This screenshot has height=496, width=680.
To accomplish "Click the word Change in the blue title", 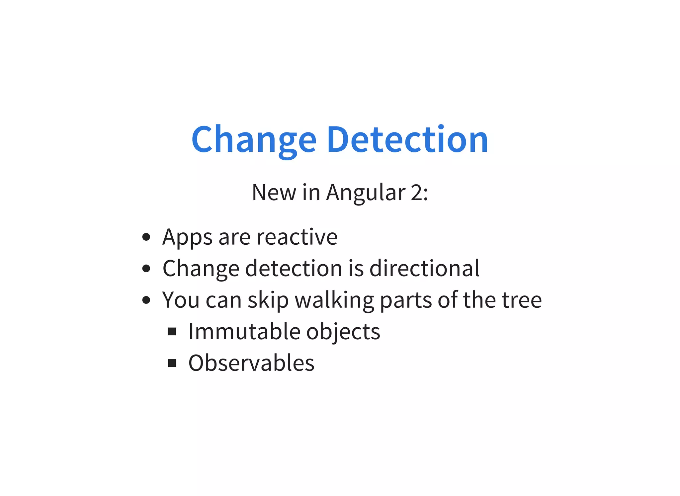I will [254, 139].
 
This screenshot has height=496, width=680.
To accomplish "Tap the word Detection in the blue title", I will [407, 139].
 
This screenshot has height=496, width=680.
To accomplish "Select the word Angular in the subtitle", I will [366, 193].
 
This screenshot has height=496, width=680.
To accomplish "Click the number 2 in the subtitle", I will [417, 193].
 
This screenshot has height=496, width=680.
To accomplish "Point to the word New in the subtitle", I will [274, 193].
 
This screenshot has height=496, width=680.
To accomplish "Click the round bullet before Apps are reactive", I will [146, 237].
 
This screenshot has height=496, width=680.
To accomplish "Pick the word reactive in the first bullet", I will [297, 237].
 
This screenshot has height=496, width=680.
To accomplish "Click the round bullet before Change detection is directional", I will [146, 268].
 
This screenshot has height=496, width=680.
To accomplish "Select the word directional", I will [424, 268].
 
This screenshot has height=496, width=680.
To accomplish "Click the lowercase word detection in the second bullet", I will [294, 268].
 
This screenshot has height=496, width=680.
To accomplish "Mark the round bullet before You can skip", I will [146, 300].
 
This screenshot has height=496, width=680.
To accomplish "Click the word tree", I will [522, 300].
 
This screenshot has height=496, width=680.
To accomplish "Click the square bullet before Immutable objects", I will [172, 331].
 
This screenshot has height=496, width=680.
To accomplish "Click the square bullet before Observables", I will [172, 363].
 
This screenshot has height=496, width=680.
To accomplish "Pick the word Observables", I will [251, 363].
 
